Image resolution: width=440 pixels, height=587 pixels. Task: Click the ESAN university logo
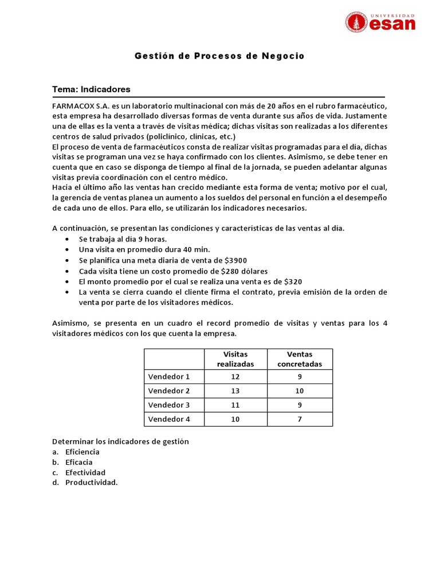pyautogui.click(x=380, y=22)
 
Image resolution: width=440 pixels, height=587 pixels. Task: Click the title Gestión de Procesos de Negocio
pyautogui.click(x=219, y=56)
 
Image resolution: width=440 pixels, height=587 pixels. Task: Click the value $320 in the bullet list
pyautogui.click(x=291, y=281)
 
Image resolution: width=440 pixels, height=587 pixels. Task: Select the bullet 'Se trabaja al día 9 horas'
pyautogui.click(x=123, y=239)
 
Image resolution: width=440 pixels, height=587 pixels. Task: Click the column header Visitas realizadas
pyautogui.click(x=235, y=359)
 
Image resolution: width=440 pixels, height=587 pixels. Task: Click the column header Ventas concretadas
pyautogui.click(x=300, y=359)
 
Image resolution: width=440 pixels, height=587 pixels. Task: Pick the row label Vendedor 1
pyautogui.click(x=168, y=377)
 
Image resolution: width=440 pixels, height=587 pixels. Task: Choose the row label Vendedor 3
pyautogui.click(x=168, y=405)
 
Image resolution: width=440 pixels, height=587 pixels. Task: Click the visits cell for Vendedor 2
pyautogui.click(x=235, y=391)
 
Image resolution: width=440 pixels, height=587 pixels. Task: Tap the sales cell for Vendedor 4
pyautogui.click(x=300, y=419)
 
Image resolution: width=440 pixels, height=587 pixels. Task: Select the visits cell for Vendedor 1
pyautogui.click(x=235, y=377)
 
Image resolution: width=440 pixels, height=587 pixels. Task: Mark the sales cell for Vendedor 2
pyautogui.click(x=300, y=391)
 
